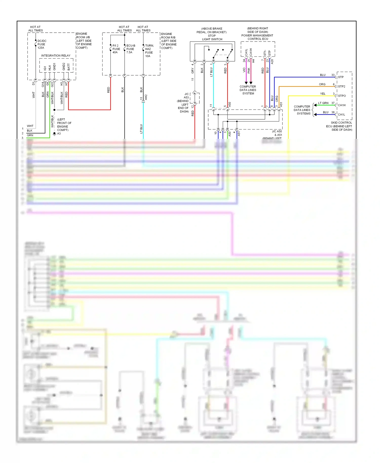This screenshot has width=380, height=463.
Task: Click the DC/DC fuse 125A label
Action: [42, 44]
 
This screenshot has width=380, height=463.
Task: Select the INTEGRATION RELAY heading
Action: [56, 55]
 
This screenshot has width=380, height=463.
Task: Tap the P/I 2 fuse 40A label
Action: [116, 49]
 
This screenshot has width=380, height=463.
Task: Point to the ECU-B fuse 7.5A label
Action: [130, 49]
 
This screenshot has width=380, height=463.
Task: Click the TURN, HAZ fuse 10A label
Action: [149, 51]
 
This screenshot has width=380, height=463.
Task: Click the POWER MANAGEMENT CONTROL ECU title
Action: [257, 37]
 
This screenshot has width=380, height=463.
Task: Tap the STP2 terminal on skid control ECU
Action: [341, 86]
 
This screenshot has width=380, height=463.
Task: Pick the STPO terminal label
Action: [342, 96]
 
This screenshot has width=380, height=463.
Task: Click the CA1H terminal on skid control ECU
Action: [341, 105]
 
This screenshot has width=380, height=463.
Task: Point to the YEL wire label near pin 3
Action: [322, 94]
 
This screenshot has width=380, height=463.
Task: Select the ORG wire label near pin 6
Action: [322, 84]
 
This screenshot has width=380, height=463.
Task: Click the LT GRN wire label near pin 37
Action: [323, 103]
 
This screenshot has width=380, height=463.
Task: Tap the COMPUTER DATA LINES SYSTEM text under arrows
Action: [248, 90]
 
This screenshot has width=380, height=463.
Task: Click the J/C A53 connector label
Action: [186, 96]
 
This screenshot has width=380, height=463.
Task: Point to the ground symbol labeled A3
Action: [54, 134]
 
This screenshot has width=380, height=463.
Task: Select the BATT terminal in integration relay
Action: [69, 67]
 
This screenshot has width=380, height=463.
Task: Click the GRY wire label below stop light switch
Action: [193, 71]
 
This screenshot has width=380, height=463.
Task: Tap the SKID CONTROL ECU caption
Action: [339, 126]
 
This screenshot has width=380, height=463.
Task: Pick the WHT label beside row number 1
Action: [30, 126]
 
